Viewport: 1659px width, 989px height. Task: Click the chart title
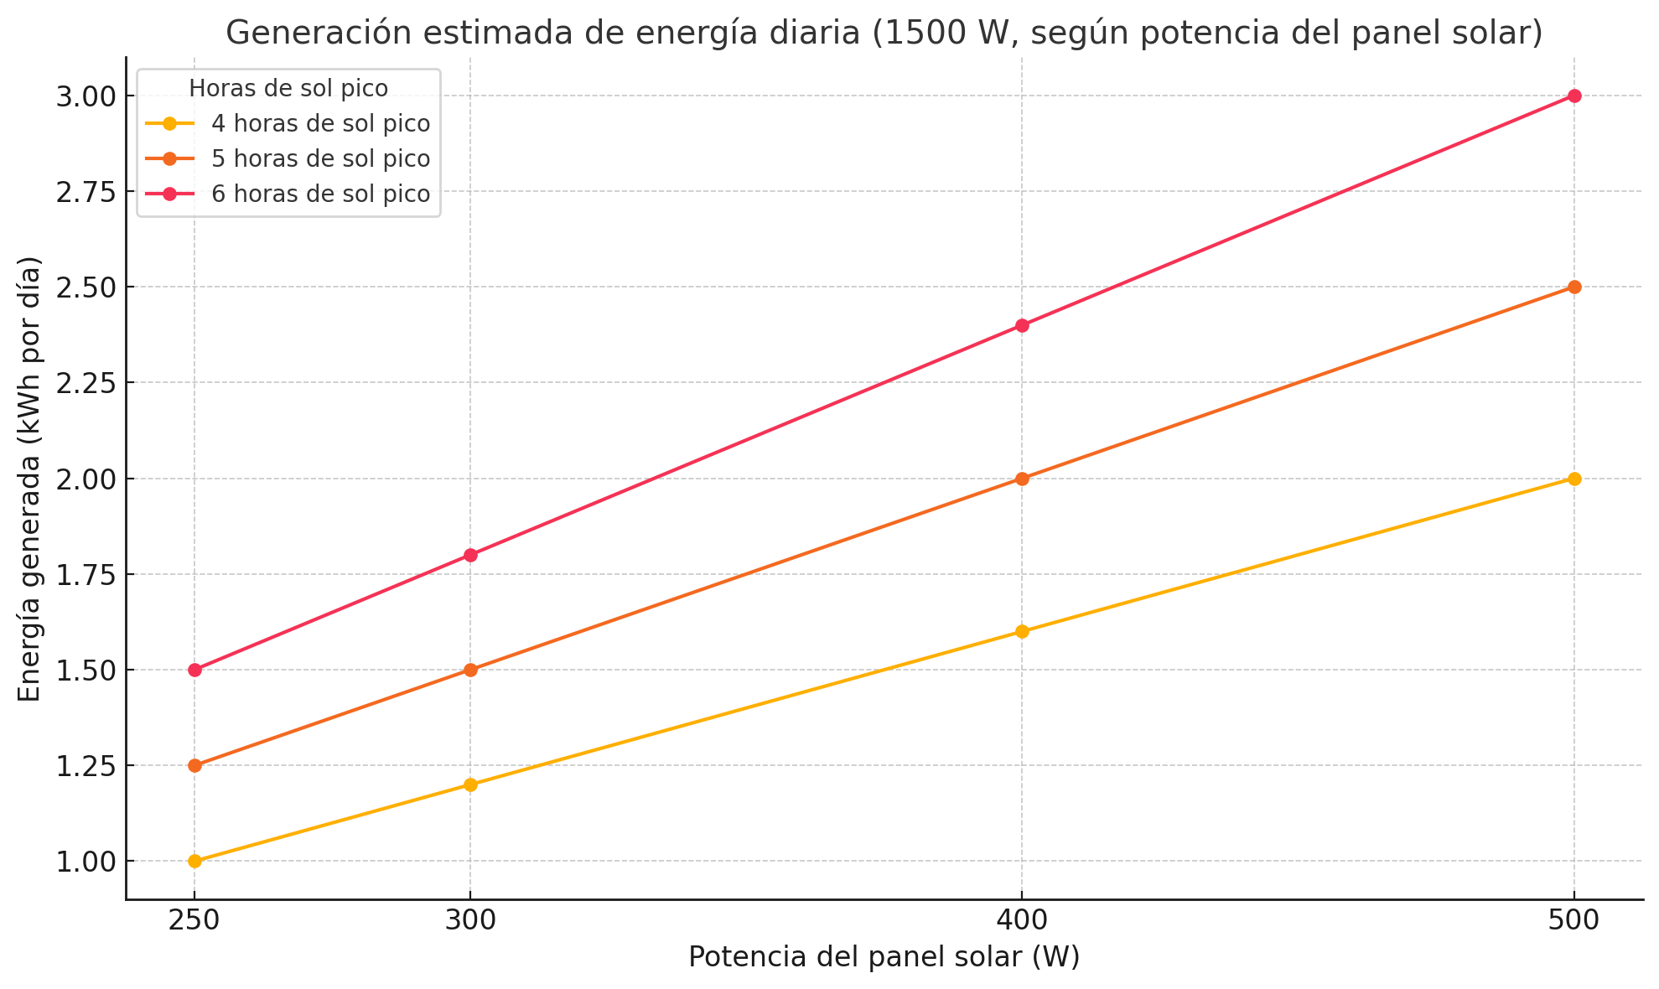(884, 33)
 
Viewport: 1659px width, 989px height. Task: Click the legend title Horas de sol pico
(288, 88)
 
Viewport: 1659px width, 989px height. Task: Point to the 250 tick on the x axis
(194, 919)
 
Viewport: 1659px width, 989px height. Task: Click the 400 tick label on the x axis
(1022, 919)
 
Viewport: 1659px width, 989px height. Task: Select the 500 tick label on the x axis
(1574, 919)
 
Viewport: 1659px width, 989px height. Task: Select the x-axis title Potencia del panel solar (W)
(884, 957)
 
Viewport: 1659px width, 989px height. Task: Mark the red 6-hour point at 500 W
(1574, 96)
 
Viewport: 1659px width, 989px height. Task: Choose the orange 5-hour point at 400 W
(1022, 479)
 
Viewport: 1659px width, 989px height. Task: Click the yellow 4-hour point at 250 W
(194, 861)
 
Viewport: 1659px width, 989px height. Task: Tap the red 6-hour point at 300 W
(470, 555)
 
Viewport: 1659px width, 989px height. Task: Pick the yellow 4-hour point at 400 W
(1022, 631)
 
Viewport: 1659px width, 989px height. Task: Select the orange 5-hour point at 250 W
(194, 765)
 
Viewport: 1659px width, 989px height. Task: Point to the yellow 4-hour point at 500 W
(1574, 479)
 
